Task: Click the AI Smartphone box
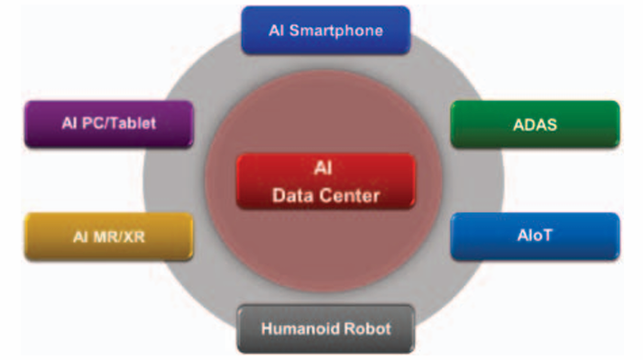(x=326, y=30)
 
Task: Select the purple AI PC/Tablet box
(x=109, y=124)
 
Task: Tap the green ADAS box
(x=535, y=124)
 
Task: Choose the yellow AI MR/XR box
(x=109, y=236)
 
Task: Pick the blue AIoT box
(x=535, y=236)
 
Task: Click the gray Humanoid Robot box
(x=326, y=328)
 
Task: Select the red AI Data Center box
(x=326, y=181)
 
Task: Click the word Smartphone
(x=335, y=31)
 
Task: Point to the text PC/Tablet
(x=119, y=123)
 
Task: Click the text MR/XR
(x=119, y=237)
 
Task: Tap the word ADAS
(x=535, y=125)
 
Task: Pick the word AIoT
(x=535, y=235)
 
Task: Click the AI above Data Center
(x=323, y=168)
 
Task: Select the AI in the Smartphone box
(x=276, y=31)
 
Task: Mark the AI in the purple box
(x=69, y=123)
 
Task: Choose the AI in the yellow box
(x=81, y=237)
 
